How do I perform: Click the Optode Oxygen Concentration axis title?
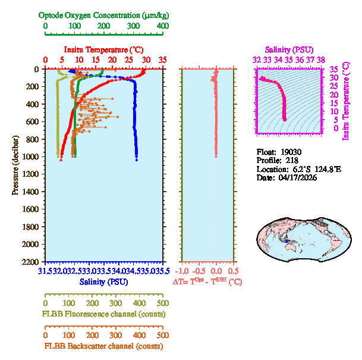(103, 15)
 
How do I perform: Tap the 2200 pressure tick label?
(32, 262)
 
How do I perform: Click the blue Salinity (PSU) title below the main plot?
(104, 281)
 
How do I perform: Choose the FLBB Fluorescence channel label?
(103, 314)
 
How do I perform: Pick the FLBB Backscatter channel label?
(103, 346)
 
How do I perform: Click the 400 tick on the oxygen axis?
(162, 27)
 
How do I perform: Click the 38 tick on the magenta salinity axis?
(320, 60)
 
